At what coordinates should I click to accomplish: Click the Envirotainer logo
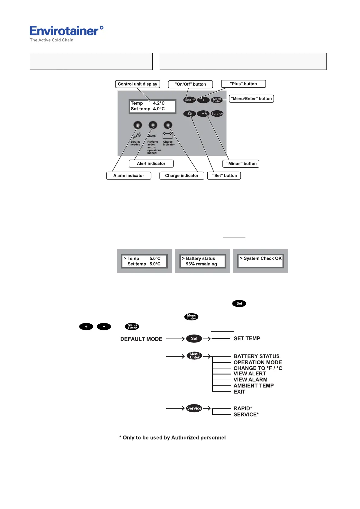pyautogui.click(x=66, y=33)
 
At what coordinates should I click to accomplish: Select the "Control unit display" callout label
pyautogui.click(x=138, y=84)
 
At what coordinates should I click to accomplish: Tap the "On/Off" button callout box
pyautogui.click(x=190, y=84)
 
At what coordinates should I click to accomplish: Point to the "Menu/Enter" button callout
pyautogui.click(x=251, y=99)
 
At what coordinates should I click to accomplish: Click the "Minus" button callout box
pyautogui.click(x=241, y=164)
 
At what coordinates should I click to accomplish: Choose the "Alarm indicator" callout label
pyautogui.click(x=128, y=176)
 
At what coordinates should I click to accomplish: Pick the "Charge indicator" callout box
pyautogui.click(x=182, y=176)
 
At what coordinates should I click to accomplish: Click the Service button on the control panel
pyautogui.click(x=217, y=114)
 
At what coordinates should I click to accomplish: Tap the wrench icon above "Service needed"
pyautogui.click(x=137, y=135)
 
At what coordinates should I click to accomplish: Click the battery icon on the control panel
pyautogui.click(x=167, y=135)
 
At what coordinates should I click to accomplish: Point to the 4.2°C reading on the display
pyautogui.click(x=159, y=103)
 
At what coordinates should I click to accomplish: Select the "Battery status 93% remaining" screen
pyautogui.click(x=202, y=261)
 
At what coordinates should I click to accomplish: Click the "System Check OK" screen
pyautogui.click(x=261, y=261)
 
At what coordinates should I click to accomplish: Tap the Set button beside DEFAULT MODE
pyautogui.click(x=194, y=339)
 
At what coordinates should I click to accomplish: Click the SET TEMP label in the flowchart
pyautogui.click(x=247, y=339)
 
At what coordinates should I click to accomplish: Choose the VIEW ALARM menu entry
pyautogui.click(x=250, y=380)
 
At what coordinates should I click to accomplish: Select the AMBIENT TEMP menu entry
pyautogui.click(x=254, y=386)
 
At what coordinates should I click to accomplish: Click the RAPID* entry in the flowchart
pyautogui.click(x=243, y=408)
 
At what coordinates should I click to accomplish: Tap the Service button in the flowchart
pyautogui.click(x=194, y=408)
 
